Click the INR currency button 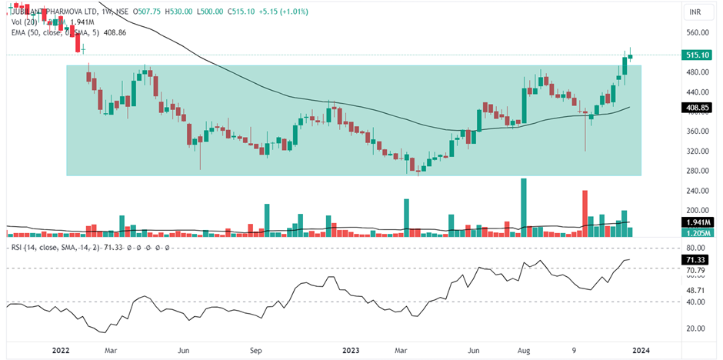695,12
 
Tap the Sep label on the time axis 256,350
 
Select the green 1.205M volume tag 696,232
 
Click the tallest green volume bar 524,207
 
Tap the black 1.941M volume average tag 696,222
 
